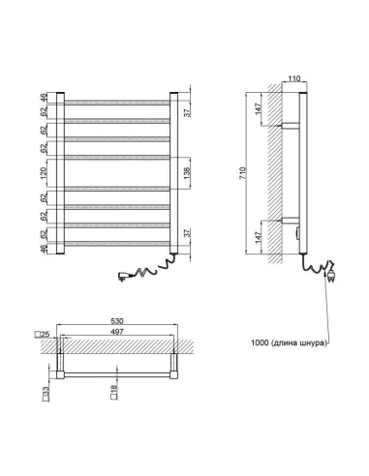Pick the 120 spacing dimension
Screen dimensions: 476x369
coord(46,171)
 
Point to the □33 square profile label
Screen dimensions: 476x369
coord(46,394)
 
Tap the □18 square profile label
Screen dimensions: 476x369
coord(112,394)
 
